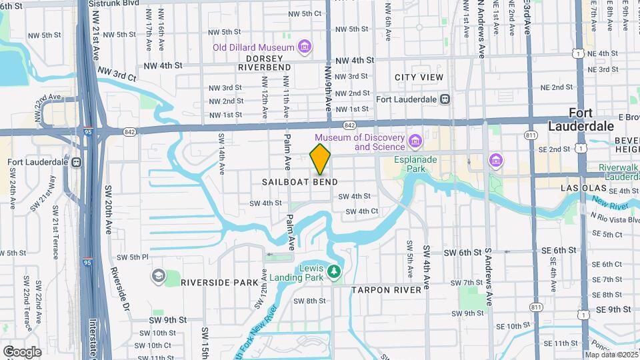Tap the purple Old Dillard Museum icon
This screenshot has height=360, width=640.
tap(305, 47)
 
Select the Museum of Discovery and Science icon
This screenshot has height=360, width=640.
tap(415, 141)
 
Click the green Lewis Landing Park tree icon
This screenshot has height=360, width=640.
tap(334, 272)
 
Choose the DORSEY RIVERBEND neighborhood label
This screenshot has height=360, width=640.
tap(264, 63)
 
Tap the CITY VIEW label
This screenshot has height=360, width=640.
tap(419, 77)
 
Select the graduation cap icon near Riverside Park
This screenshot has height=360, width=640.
tap(158, 276)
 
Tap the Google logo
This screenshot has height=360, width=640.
tap(22, 351)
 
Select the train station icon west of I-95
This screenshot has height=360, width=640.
tap(77, 162)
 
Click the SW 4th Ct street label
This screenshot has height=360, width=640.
tap(362, 211)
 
